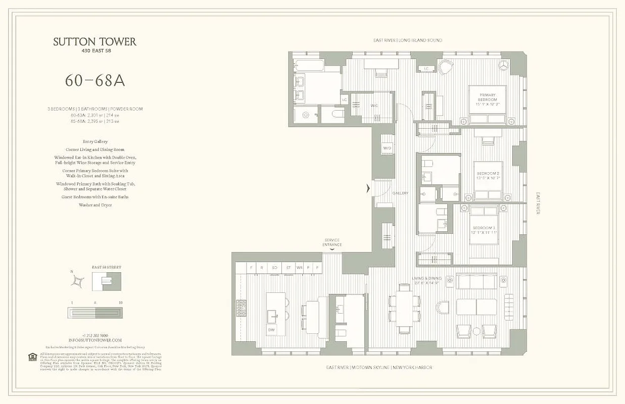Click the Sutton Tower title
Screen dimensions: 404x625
[94, 42]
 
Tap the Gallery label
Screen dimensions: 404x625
[400, 193]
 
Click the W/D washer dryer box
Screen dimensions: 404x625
[387, 148]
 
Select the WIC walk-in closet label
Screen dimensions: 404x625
[374, 106]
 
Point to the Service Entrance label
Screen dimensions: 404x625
[332, 242]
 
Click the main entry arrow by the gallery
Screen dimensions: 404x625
[368, 189]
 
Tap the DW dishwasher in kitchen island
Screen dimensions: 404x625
[272, 330]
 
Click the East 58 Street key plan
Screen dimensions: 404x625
[106, 281]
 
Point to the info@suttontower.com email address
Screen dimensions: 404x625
[95, 340]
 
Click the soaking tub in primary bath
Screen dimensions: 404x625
[309, 65]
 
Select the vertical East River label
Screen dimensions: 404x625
[538, 203]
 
